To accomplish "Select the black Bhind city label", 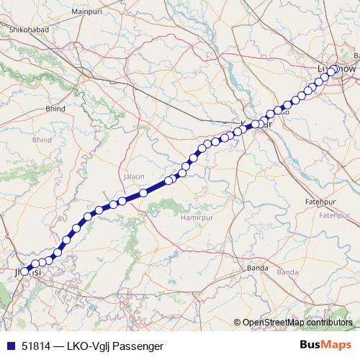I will (56, 108).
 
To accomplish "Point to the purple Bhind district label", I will (42, 139).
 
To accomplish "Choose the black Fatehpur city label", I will (321, 202).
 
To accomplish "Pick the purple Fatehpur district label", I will (333, 215).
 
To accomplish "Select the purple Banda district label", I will (287, 272).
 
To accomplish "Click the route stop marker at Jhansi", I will (25, 271).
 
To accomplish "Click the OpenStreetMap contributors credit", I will (298, 322).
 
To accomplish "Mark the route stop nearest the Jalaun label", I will (143, 192).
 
